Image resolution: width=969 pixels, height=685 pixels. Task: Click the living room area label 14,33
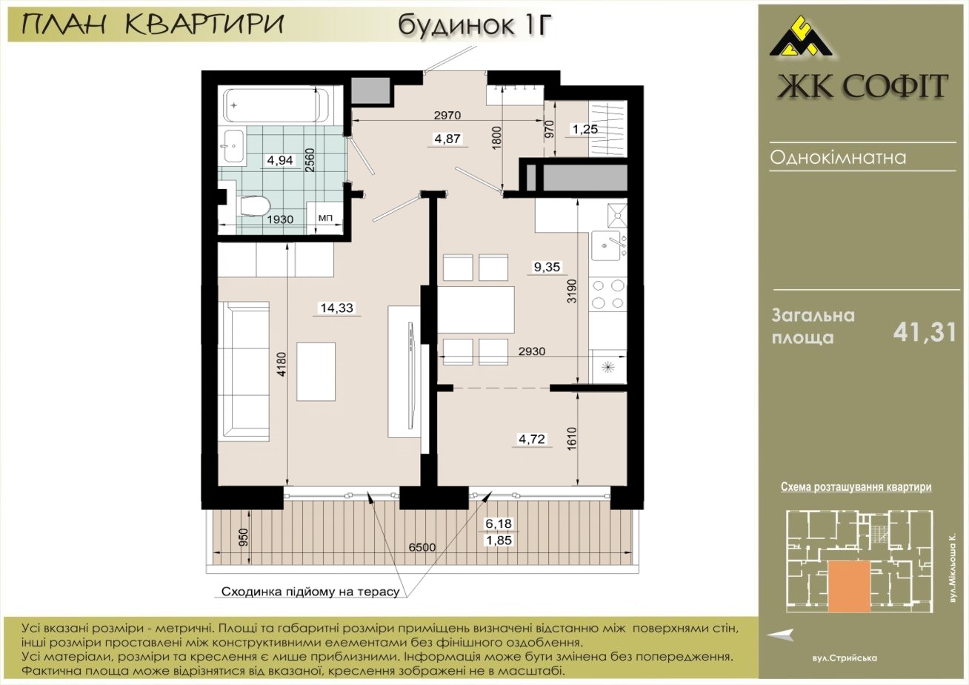[336, 308]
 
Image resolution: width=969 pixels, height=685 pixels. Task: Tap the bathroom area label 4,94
[280, 160]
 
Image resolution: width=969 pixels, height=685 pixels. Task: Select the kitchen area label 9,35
[547, 267]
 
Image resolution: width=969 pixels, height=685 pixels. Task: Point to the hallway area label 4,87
[447, 139]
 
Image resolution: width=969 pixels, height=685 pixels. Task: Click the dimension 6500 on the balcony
[422, 547]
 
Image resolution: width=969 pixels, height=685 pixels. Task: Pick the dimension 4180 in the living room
[282, 364]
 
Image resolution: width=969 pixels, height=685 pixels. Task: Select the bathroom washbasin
[233, 146]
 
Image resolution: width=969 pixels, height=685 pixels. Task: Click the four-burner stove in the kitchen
[609, 294]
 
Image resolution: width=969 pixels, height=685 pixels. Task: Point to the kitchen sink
[609, 245]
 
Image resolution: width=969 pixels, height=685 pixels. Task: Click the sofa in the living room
[244, 371]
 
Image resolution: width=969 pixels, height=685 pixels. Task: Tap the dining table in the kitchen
[476, 310]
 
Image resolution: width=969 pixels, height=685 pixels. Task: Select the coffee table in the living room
[316, 371]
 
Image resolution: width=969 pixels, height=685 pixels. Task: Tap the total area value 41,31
[925, 333]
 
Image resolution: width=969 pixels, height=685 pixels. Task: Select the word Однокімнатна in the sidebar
[838, 158]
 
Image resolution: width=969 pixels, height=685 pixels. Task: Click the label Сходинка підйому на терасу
[310, 592]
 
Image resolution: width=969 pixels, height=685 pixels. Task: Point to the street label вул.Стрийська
[844, 658]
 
